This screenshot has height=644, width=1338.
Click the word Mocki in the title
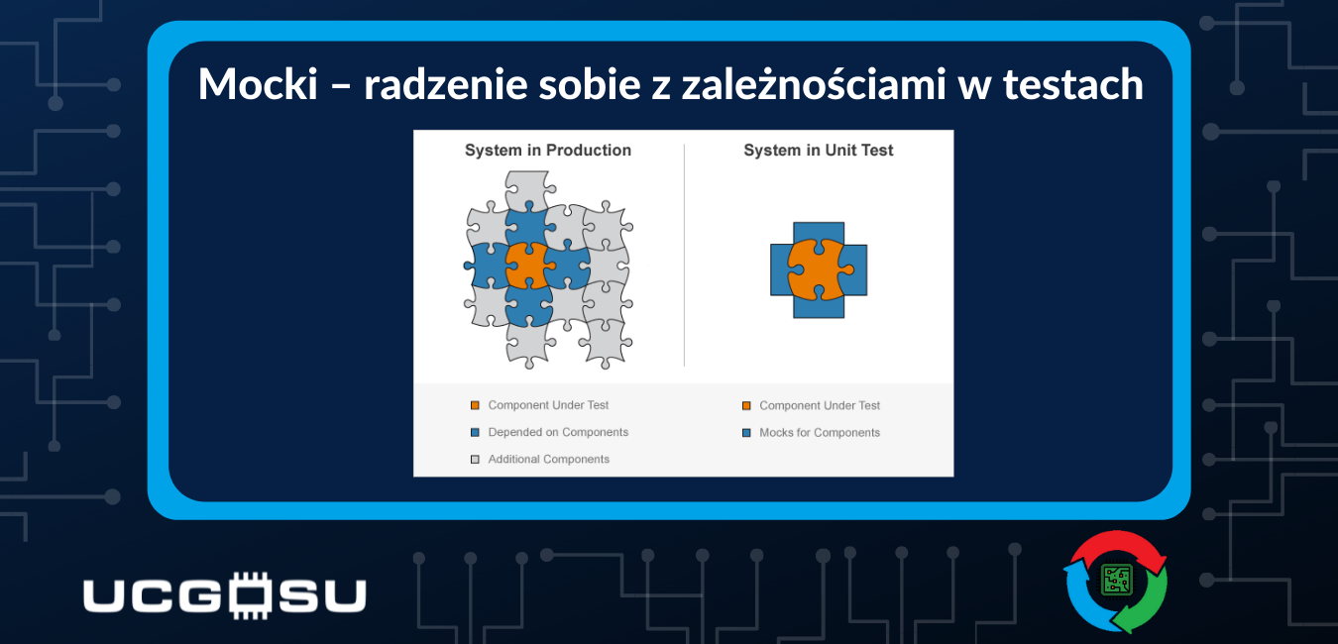pyautogui.click(x=258, y=83)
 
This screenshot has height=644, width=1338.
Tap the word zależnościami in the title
pyautogui.click(x=814, y=83)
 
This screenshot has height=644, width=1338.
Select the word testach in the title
pyautogui.click(x=1072, y=83)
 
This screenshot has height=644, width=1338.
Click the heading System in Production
pyautogui.click(x=548, y=150)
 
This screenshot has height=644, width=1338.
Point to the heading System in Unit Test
pyautogui.click(x=819, y=150)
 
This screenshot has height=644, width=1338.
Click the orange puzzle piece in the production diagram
pyautogui.click(x=527, y=266)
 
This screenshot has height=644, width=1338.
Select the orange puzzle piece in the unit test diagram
pyautogui.click(x=819, y=269)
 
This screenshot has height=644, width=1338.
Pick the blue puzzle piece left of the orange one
pyautogui.click(x=487, y=266)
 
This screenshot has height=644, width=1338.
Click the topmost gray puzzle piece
pyautogui.click(x=527, y=189)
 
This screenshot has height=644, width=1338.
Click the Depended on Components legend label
pyautogui.click(x=558, y=432)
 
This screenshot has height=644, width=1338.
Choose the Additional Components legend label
pyautogui.click(x=548, y=459)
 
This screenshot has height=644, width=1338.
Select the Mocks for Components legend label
pyautogui.click(x=820, y=433)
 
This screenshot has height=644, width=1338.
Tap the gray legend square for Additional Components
pyautogui.click(x=475, y=460)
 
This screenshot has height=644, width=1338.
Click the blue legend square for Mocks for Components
pyautogui.click(x=746, y=433)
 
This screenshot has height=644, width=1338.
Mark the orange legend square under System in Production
pyautogui.click(x=475, y=405)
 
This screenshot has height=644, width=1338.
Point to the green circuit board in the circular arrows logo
pyautogui.click(x=1117, y=580)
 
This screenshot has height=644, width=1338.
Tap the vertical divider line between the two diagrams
pyautogui.click(x=684, y=255)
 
